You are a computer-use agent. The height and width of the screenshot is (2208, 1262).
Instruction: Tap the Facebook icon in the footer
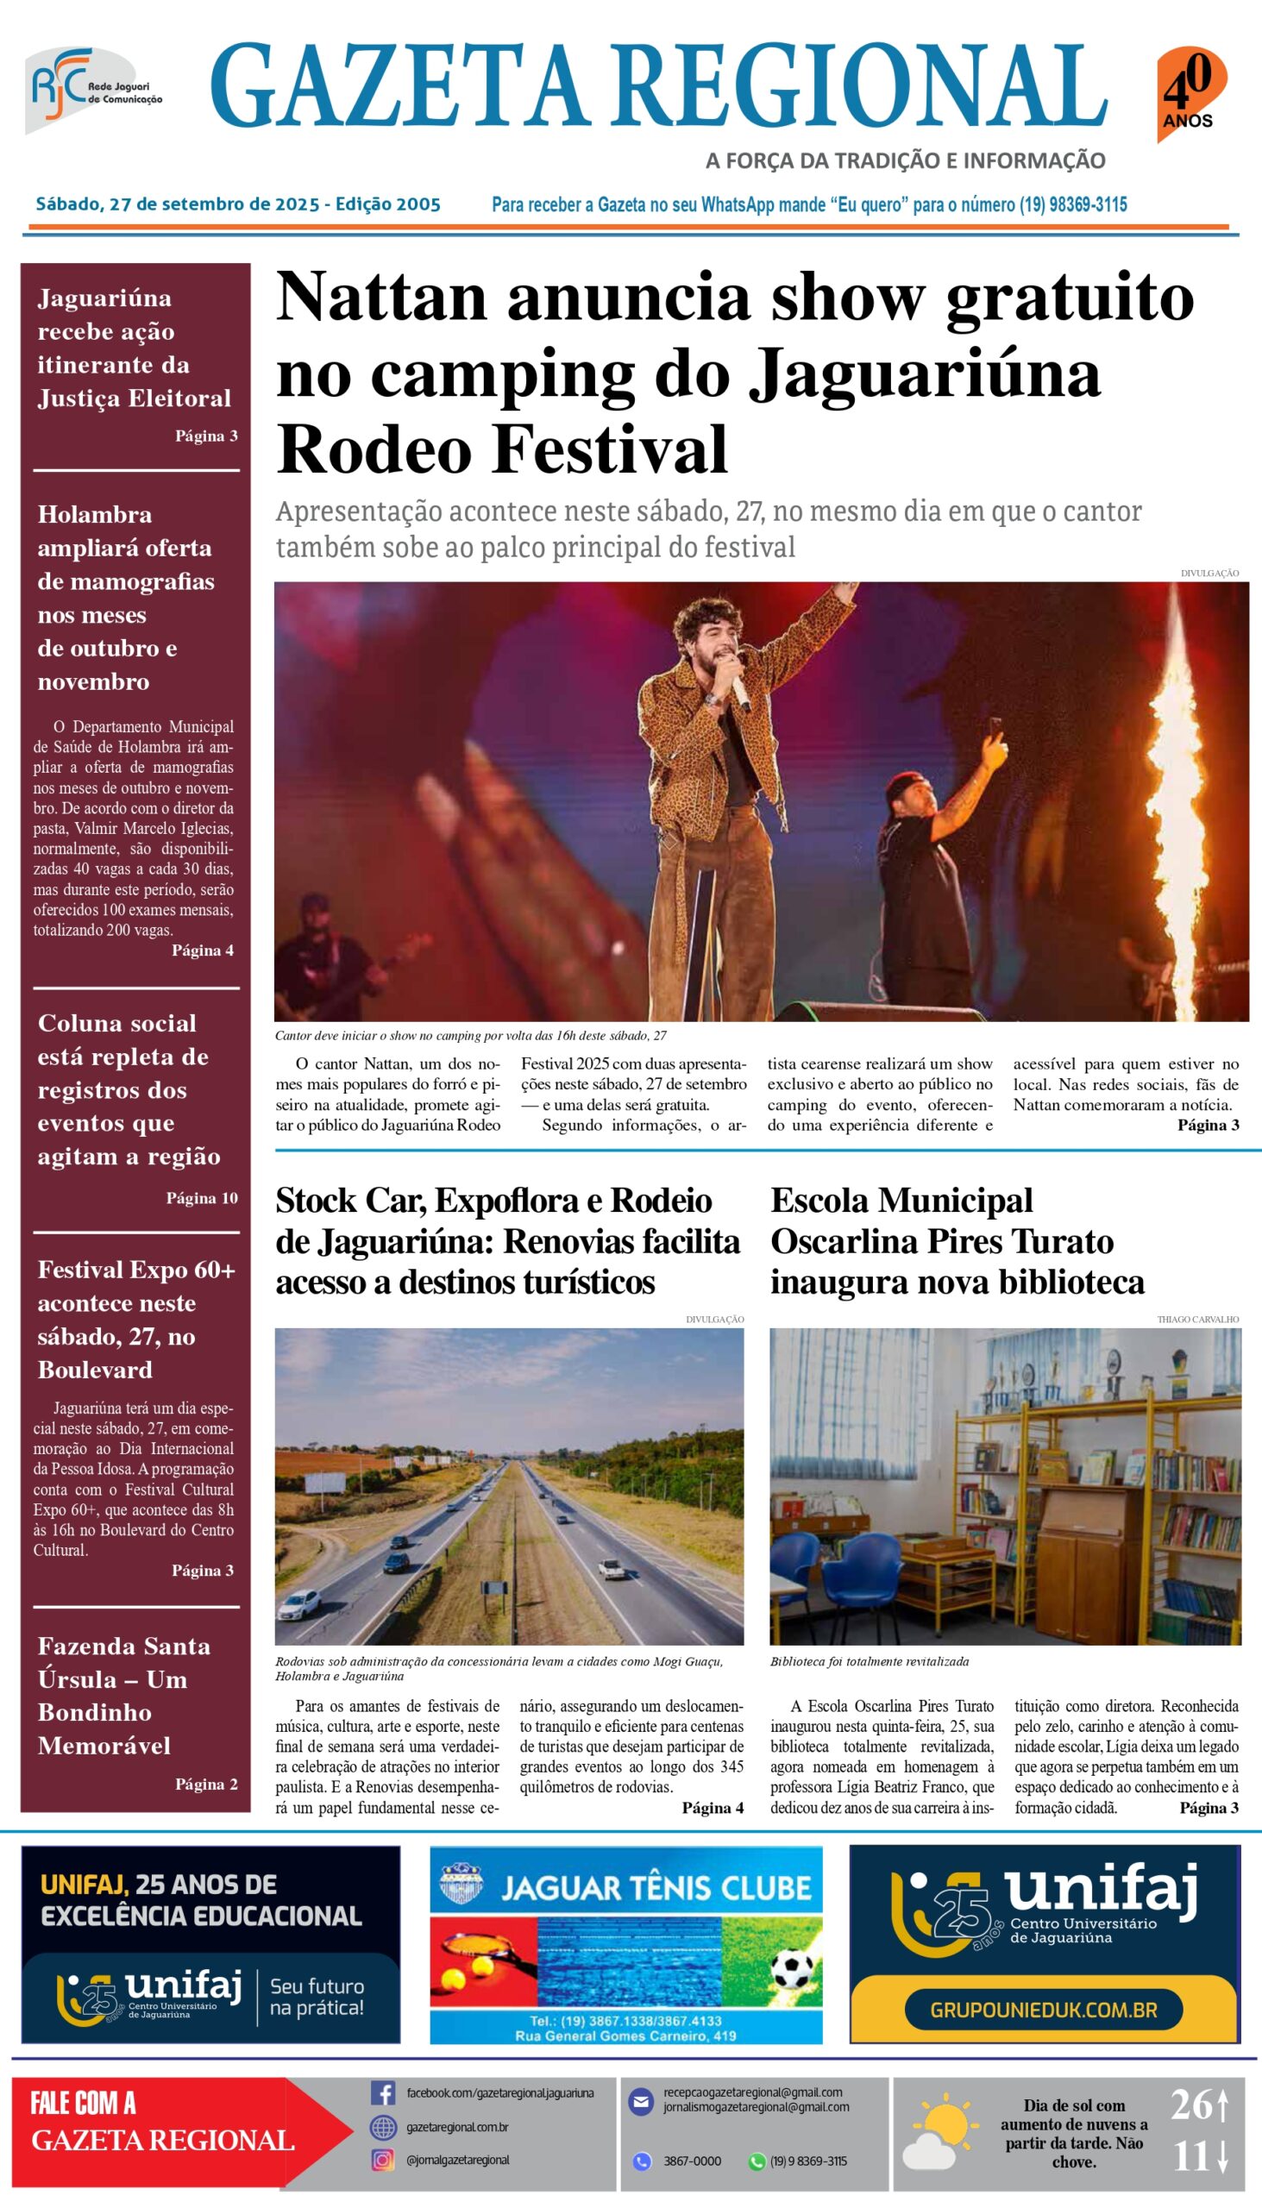[x=383, y=2092]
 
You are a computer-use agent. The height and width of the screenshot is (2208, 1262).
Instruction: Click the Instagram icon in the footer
[x=383, y=2161]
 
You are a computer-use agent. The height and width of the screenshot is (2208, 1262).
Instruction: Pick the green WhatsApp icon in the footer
[x=757, y=2161]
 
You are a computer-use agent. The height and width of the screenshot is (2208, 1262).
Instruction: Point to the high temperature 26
[x=1192, y=2105]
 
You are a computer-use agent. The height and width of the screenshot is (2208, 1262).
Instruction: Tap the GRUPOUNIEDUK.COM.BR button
[x=1044, y=2010]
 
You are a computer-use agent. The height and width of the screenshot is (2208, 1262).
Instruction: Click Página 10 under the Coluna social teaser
[x=202, y=1199]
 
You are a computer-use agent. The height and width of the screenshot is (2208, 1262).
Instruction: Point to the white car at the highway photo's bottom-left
[x=302, y=1602]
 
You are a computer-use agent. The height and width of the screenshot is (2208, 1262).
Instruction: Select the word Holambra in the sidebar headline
[x=95, y=515]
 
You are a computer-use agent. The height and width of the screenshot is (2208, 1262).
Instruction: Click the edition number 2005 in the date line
[x=418, y=204]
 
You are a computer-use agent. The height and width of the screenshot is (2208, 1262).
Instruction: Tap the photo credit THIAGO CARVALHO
[x=1198, y=1320]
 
